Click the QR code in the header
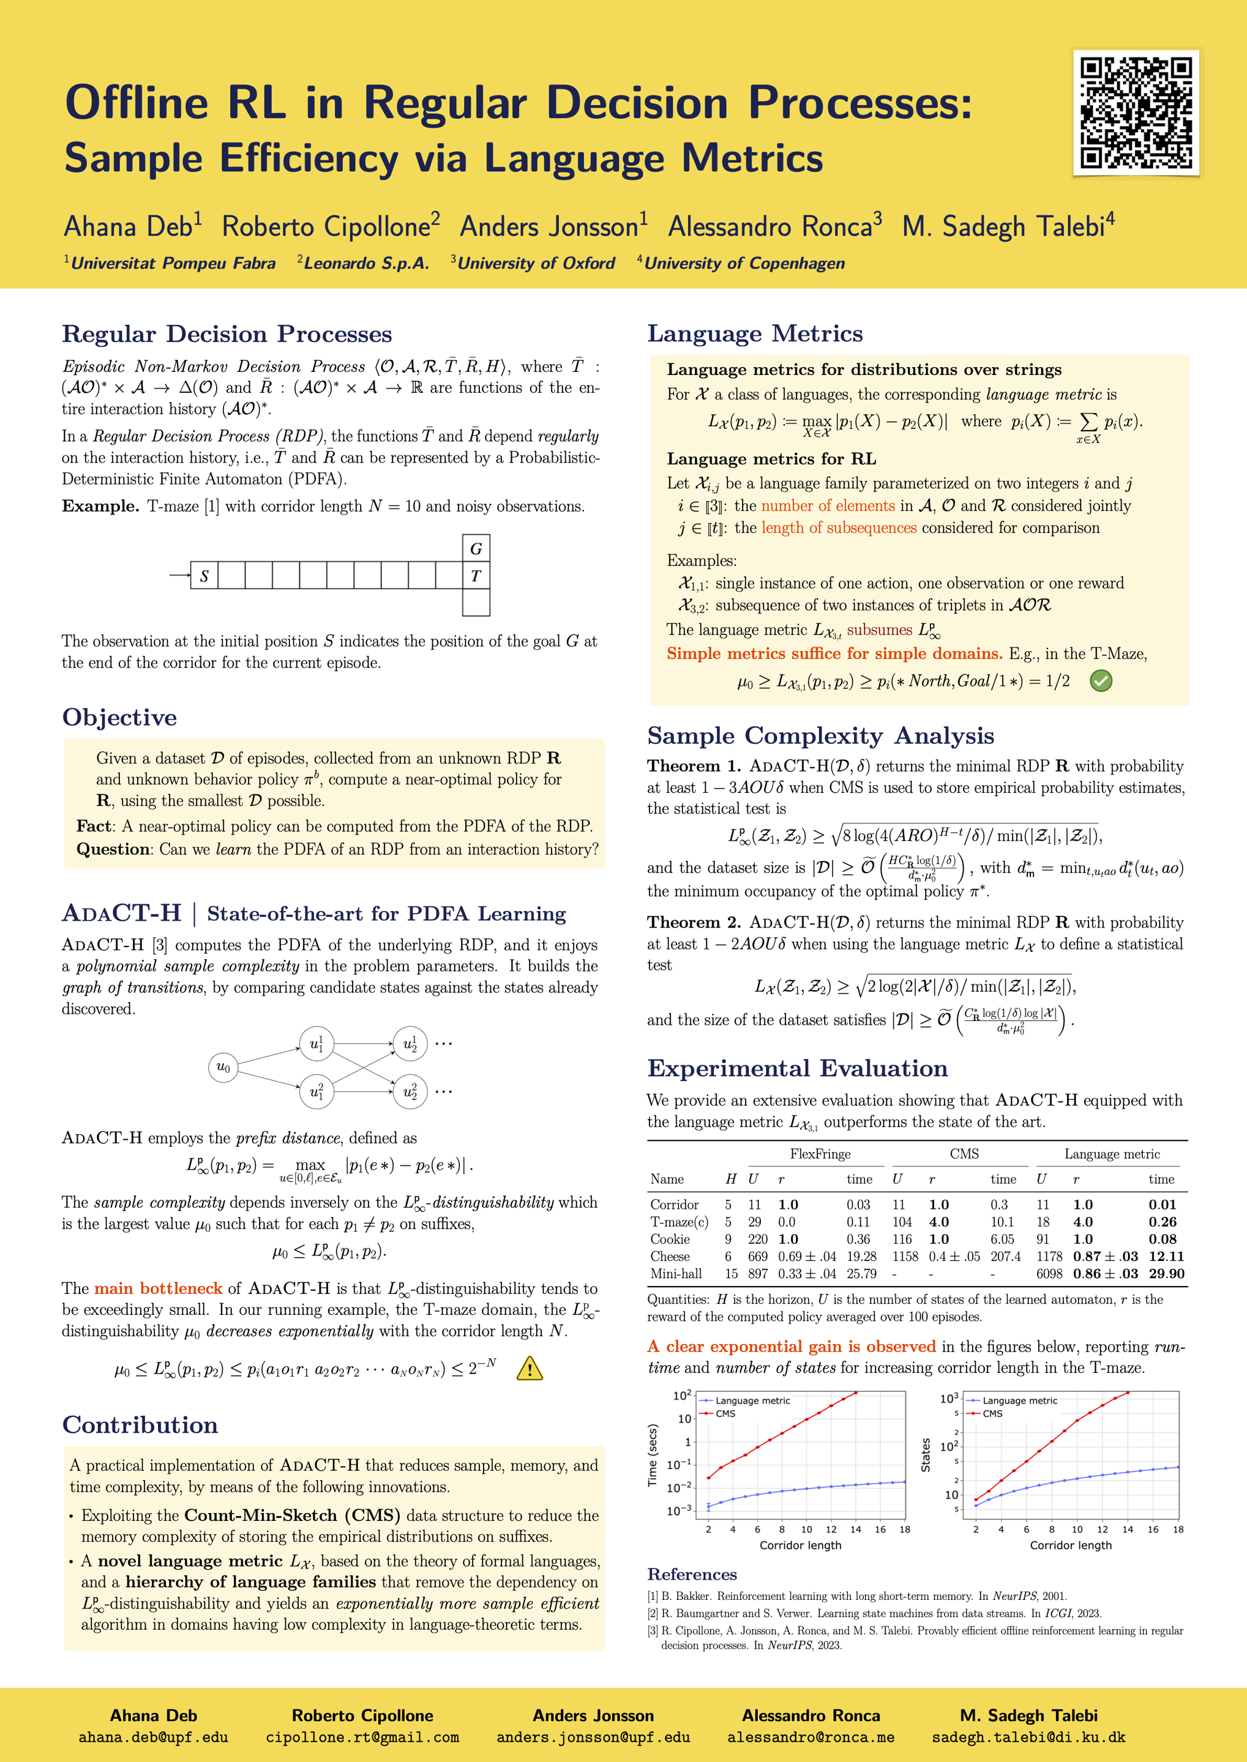1136,113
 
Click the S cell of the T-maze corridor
204,576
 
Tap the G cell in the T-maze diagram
476,549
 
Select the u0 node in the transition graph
223,1067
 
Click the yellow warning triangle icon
530,1369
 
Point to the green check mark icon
1101,681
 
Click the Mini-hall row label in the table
676,1274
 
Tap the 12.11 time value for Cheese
1166,1256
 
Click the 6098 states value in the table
1049,1274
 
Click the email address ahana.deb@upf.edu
154,1738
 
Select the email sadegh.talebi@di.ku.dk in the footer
1028,1738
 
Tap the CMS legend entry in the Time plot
725,1414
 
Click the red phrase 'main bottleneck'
157,1288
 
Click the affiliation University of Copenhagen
744,263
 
